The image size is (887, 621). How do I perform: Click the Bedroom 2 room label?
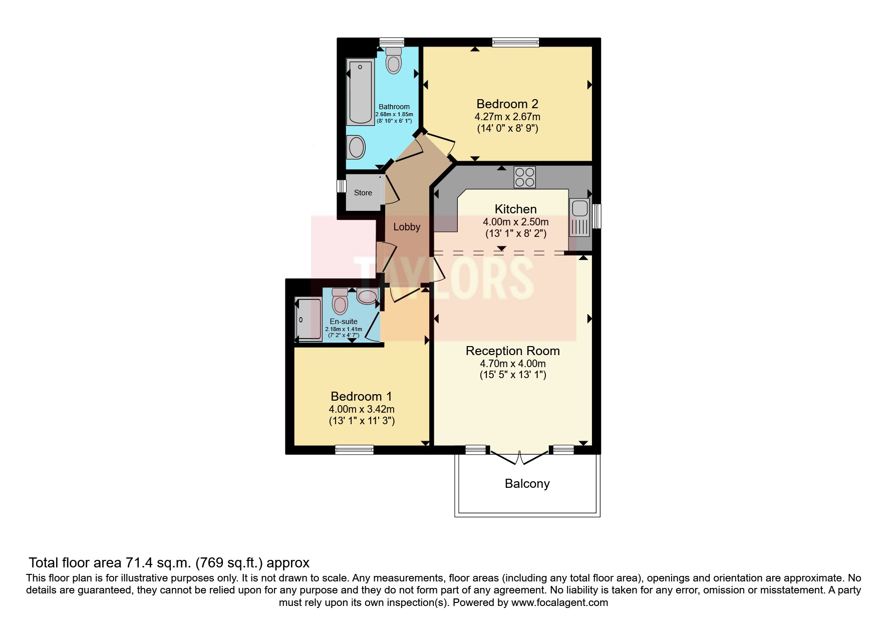click(507, 104)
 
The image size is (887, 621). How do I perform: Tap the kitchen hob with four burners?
click(524, 177)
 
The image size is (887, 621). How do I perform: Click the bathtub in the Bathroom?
click(360, 92)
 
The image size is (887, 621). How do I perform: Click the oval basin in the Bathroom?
click(357, 148)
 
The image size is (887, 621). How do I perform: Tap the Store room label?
click(363, 193)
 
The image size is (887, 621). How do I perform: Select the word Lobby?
click(406, 227)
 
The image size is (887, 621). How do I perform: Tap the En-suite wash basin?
click(367, 297)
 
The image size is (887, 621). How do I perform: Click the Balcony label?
click(527, 483)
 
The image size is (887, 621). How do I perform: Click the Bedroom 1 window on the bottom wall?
click(354, 450)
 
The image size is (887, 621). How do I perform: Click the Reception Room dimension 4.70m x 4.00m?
click(512, 364)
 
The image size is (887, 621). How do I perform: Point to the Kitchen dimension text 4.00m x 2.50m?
click(515, 222)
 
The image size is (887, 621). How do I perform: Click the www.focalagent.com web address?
click(559, 602)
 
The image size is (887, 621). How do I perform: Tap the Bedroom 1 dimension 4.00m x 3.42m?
click(362, 409)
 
